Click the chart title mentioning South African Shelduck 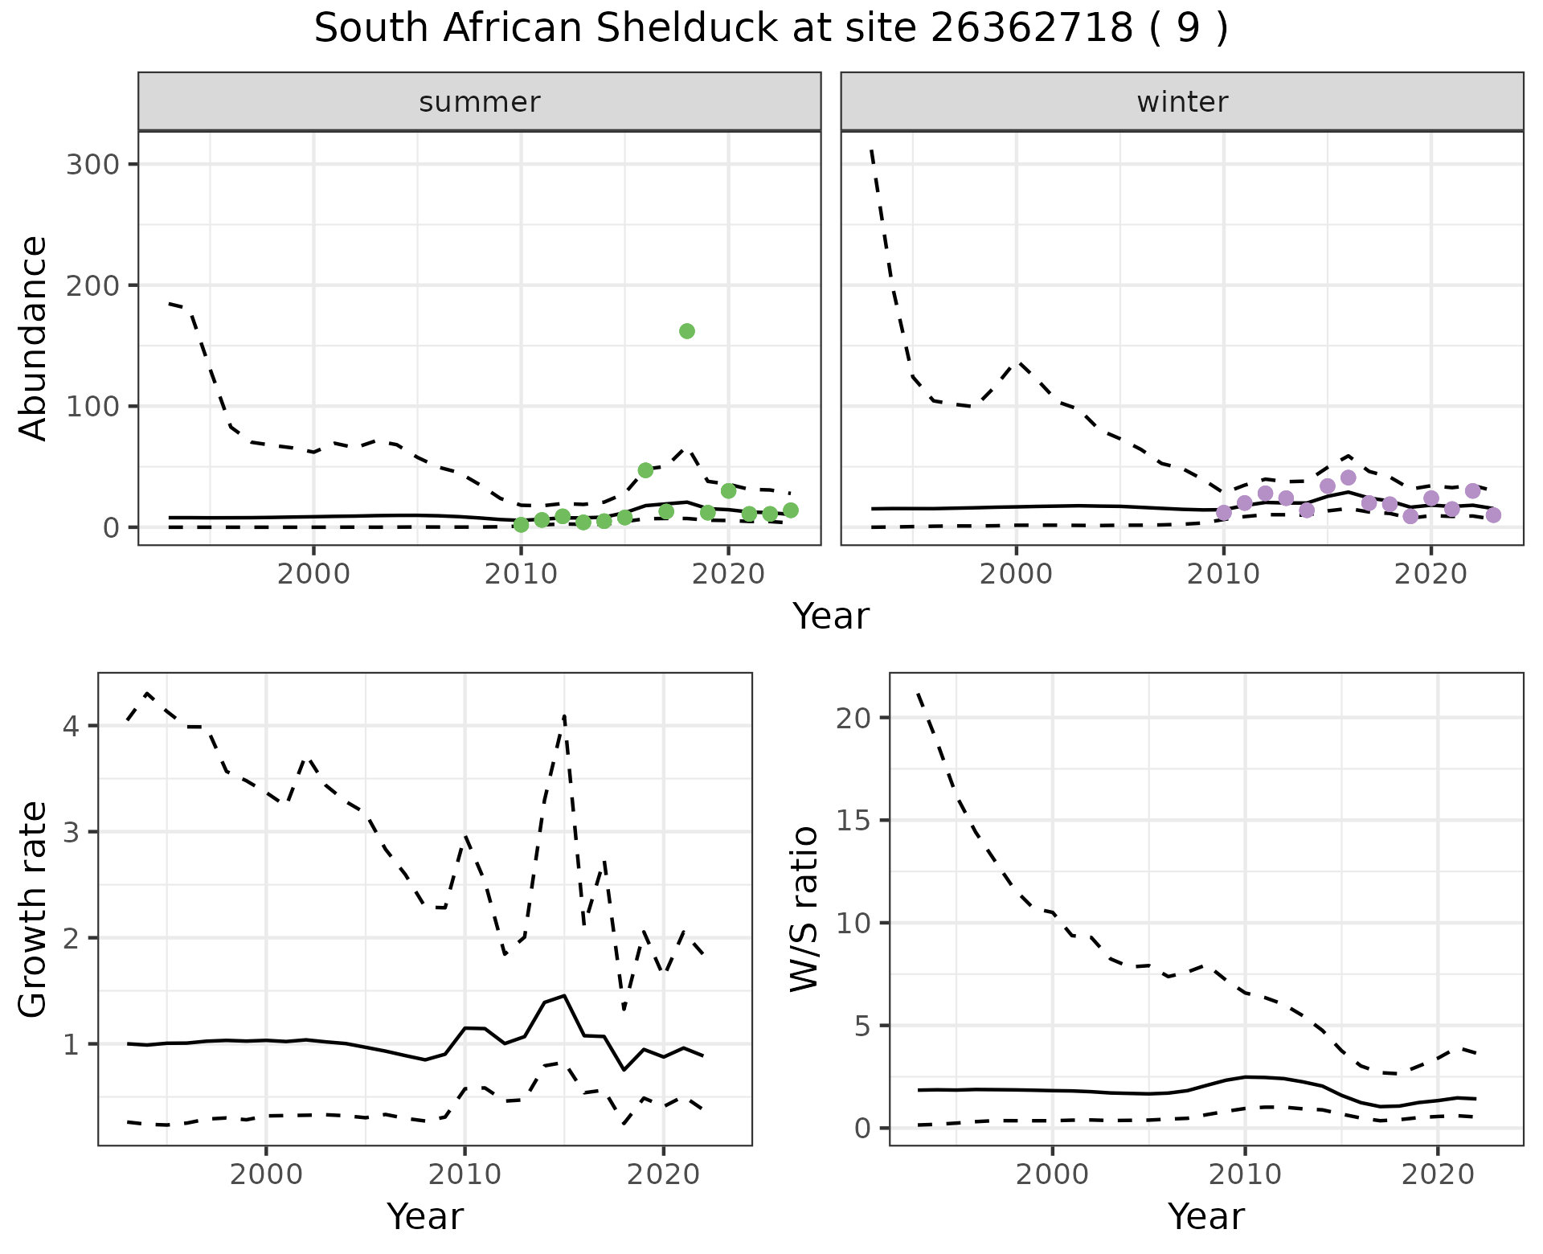[x=771, y=29]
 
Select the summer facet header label [x=479, y=102]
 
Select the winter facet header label [x=1181, y=102]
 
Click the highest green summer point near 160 [x=686, y=331]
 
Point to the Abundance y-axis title [x=34, y=338]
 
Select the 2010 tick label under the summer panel [x=521, y=575]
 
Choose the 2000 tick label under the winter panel [x=1017, y=575]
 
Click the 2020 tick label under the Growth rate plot [x=663, y=1174]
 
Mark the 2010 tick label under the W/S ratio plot [x=1245, y=1174]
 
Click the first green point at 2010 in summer [x=521, y=525]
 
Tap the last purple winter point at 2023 [x=1493, y=515]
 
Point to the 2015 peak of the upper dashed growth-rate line [x=565, y=715]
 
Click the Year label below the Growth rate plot [x=425, y=1216]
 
